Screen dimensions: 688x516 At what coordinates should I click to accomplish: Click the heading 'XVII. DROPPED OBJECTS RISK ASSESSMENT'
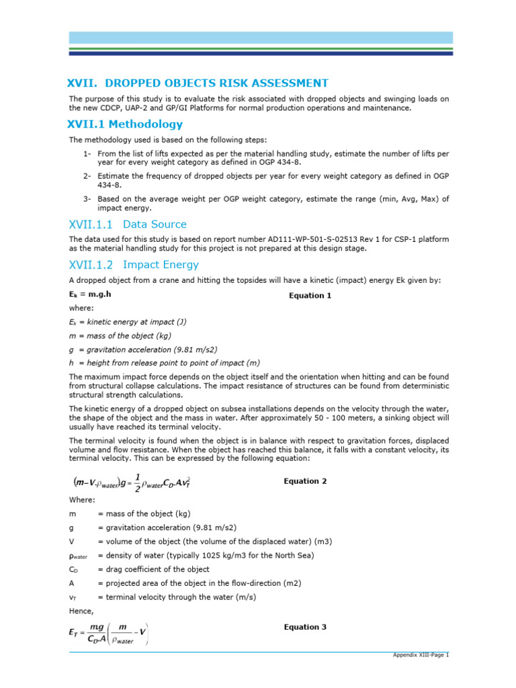pyautogui.click(x=198, y=83)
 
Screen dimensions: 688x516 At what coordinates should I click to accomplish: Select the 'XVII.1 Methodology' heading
pyautogui.click(x=125, y=124)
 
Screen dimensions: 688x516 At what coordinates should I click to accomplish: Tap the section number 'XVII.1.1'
pyautogui.click(x=91, y=224)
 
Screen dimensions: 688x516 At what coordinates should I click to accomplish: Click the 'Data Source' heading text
pyautogui.click(x=155, y=224)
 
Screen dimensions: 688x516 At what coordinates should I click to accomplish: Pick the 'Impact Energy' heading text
pyautogui.click(x=161, y=265)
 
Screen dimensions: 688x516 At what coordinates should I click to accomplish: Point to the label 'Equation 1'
pyautogui.click(x=310, y=295)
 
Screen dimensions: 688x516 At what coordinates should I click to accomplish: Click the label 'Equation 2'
pyautogui.click(x=305, y=481)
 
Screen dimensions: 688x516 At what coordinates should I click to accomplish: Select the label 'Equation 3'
pyautogui.click(x=305, y=627)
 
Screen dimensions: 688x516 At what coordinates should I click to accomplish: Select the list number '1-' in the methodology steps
pyautogui.click(x=87, y=154)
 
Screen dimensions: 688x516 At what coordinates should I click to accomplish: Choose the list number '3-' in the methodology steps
pyautogui.click(x=87, y=199)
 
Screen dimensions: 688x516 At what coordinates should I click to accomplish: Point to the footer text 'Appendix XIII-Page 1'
pyautogui.click(x=421, y=654)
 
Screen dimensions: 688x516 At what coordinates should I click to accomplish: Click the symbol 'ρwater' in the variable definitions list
pyautogui.click(x=79, y=556)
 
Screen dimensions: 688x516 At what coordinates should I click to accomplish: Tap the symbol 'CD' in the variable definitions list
pyautogui.click(x=74, y=570)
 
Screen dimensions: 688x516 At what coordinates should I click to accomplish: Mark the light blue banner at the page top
pyautogui.click(x=258, y=38)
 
